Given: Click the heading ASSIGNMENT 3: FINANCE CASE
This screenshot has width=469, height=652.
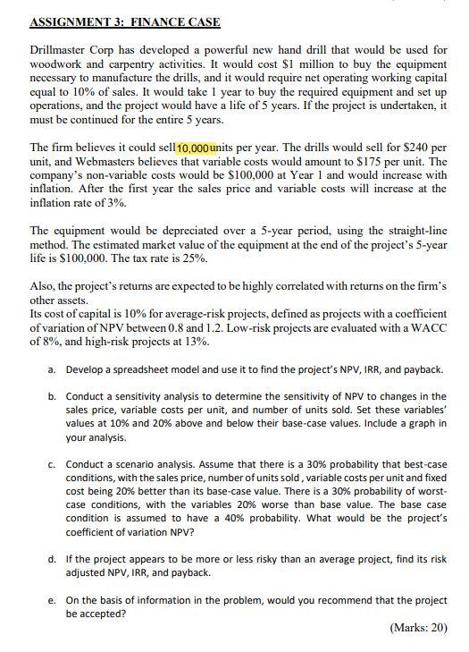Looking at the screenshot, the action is (x=125, y=21).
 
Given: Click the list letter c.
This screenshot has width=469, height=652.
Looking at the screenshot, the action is (x=53, y=465).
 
